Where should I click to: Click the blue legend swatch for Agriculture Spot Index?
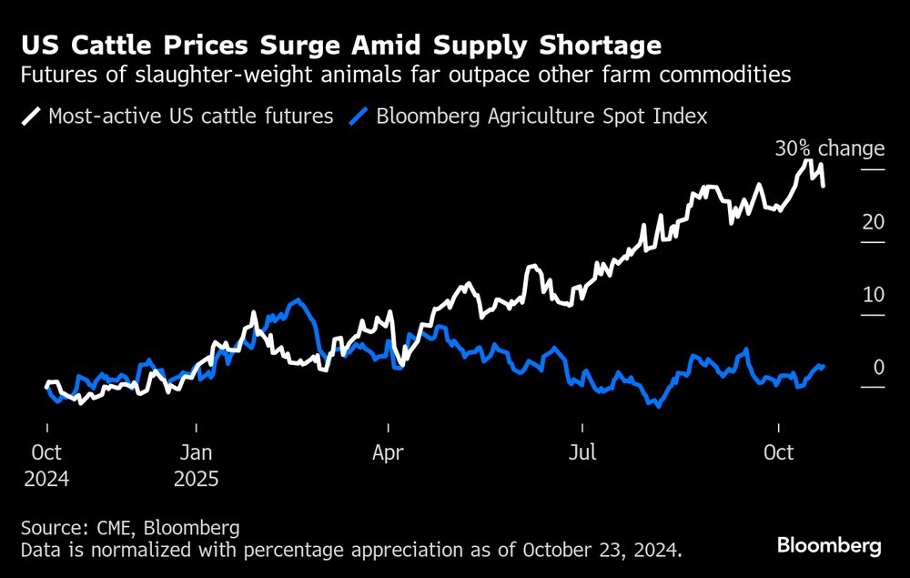click(360, 117)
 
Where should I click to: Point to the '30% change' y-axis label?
click(829, 149)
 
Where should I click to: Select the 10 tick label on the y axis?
click(874, 295)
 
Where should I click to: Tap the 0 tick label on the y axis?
click(879, 368)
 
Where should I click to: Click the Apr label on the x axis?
click(389, 452)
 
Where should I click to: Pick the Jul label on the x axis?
click(582, 452)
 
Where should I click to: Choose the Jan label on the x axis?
click(197, 452)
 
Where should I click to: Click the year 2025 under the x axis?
click(197, 479)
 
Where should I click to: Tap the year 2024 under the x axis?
click(46, 479)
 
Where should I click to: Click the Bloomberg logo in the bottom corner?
click(829, 545)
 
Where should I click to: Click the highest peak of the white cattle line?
click(806, 161)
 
